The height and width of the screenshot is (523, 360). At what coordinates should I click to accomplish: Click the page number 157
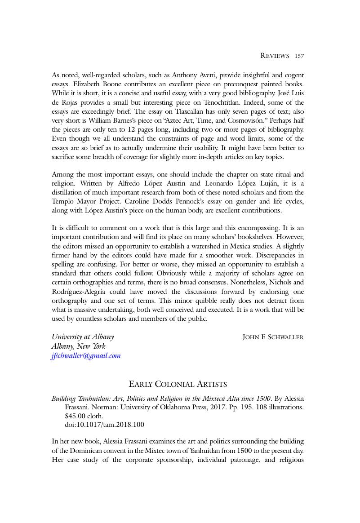tap(299, 56)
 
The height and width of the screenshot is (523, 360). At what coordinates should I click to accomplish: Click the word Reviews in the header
tap(275, 56)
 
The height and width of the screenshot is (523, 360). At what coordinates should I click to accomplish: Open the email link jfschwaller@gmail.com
tap(86, 356)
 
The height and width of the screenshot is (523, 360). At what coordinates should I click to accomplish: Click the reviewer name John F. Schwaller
tap(273, 337)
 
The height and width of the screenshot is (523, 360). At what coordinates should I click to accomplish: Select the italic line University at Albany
tap(83, 337)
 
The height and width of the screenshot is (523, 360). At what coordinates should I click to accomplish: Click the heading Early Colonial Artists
tap(178, 384)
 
